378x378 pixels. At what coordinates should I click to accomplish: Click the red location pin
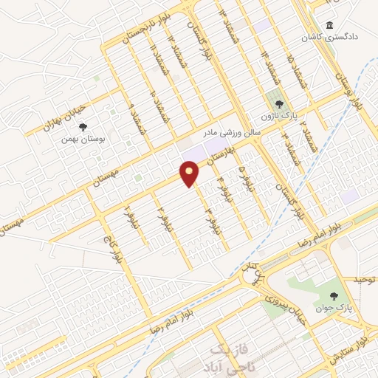tap(190, 173)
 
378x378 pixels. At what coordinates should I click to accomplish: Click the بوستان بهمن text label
tap(83, 138)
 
